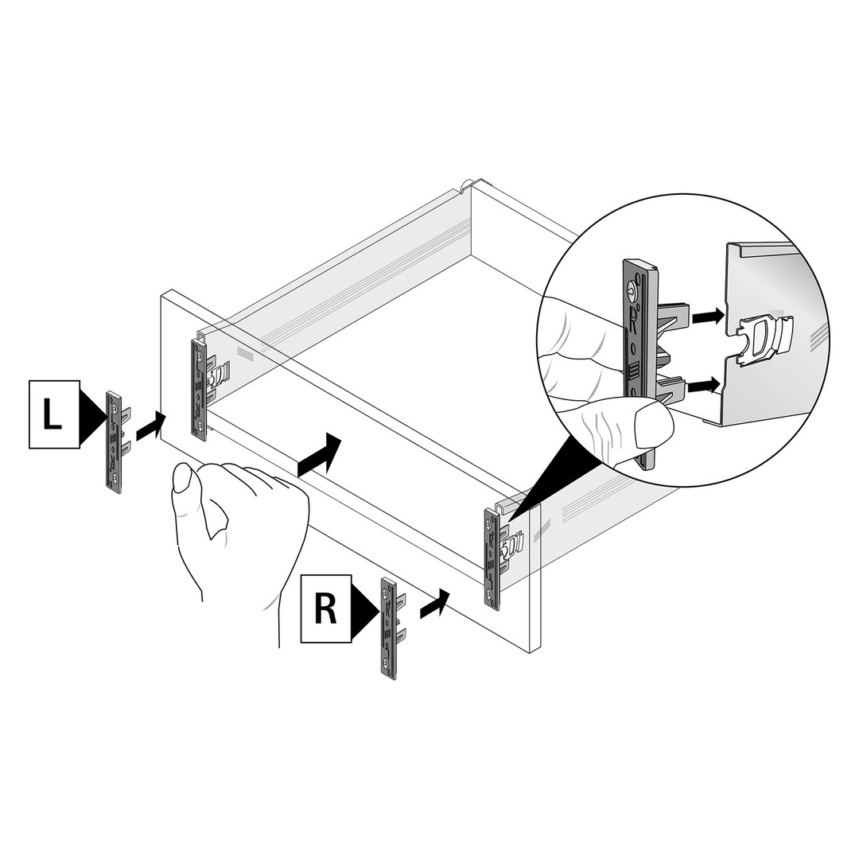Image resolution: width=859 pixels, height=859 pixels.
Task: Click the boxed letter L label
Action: [54, 414]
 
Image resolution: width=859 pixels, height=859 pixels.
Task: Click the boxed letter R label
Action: [326, 608]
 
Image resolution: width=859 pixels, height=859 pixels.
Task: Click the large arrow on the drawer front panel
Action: [320, 454]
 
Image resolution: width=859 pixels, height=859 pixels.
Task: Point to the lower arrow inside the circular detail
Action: [703, 385]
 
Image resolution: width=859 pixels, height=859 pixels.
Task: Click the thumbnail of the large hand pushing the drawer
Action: [182, 478]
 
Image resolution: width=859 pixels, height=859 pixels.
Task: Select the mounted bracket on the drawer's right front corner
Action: [492, 559]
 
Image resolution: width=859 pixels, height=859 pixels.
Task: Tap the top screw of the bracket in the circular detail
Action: [635, 287]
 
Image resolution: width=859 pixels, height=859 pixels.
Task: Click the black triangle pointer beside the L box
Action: [92, 414]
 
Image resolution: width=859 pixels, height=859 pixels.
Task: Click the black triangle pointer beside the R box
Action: [365, 608]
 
